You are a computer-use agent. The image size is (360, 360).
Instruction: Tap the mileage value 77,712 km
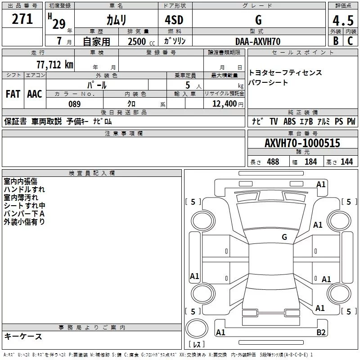pos(54,65)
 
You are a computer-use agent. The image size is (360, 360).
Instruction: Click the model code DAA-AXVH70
pos(258,41)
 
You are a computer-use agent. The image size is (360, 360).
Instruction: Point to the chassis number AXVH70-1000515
pos(302,144)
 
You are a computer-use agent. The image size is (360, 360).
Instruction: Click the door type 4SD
pos(175,20)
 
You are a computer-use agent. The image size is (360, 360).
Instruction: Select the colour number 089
pos(74,104)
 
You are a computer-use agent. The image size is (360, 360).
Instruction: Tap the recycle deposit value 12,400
pos(224,104)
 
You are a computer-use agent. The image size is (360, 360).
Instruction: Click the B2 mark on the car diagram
pos(321,332)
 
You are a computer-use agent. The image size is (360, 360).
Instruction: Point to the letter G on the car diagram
pos(284,237)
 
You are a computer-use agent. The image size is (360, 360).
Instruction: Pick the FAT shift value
pos(13,94)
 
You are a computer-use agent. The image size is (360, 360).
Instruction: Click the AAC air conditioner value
pos(35,94)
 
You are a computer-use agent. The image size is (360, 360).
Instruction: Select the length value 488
pos(273,162)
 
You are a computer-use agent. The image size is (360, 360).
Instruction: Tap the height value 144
pos(346,162)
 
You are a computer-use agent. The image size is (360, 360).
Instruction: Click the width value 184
pos(310,162)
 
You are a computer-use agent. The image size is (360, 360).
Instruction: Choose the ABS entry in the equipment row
pos(289,121)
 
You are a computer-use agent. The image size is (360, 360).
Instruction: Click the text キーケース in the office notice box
pos(23,337)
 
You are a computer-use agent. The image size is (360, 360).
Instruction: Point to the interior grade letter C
pos(350,41)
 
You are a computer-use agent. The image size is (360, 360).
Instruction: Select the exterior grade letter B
pos(335,41)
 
